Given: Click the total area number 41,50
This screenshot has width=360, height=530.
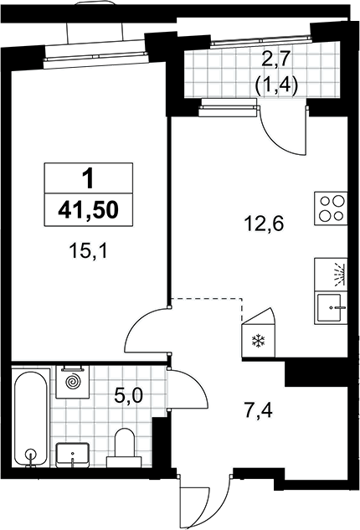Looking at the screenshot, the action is click(88, 210).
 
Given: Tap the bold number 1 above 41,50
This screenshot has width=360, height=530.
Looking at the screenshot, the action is click(89, 178).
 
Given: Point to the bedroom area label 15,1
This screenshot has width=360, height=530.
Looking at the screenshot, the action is click(88, 252).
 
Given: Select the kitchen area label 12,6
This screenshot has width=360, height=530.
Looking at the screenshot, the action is click(264, 224).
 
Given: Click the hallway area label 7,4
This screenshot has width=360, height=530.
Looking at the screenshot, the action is click(258, 411).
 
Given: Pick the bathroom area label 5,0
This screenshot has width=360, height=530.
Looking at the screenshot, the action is click(128, 395).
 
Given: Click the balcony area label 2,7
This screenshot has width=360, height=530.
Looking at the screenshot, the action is click(275, 61).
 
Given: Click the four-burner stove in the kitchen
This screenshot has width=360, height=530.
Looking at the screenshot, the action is click(331, 208).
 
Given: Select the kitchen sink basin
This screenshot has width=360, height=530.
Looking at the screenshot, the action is click(331, 308).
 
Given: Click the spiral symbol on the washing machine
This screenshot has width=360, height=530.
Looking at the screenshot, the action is click(73, 383).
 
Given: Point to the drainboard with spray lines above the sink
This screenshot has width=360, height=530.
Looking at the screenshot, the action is click(331, 275).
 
